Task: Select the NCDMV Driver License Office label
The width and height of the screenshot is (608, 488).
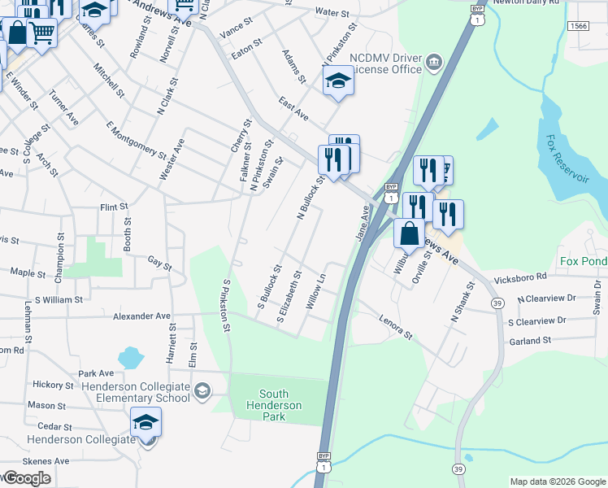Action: (x=386, y=63)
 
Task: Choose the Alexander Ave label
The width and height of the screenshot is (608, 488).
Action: (x=142, y=316)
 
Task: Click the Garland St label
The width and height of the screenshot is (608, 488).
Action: (x=530, y=340)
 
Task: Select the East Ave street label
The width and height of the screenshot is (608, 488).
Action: (x=293, y=108)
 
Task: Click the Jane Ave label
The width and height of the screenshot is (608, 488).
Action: (x=363, y=222)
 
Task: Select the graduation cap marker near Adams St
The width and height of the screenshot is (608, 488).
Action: (x=339, y=81)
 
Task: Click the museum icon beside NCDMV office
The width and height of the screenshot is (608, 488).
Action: (x=434, y=62)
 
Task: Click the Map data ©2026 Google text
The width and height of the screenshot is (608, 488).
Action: (x=558, y=481)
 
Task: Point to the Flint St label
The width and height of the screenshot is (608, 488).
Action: (x=115, y=207)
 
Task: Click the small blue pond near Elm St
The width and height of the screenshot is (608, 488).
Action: (x=130, y=357)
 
